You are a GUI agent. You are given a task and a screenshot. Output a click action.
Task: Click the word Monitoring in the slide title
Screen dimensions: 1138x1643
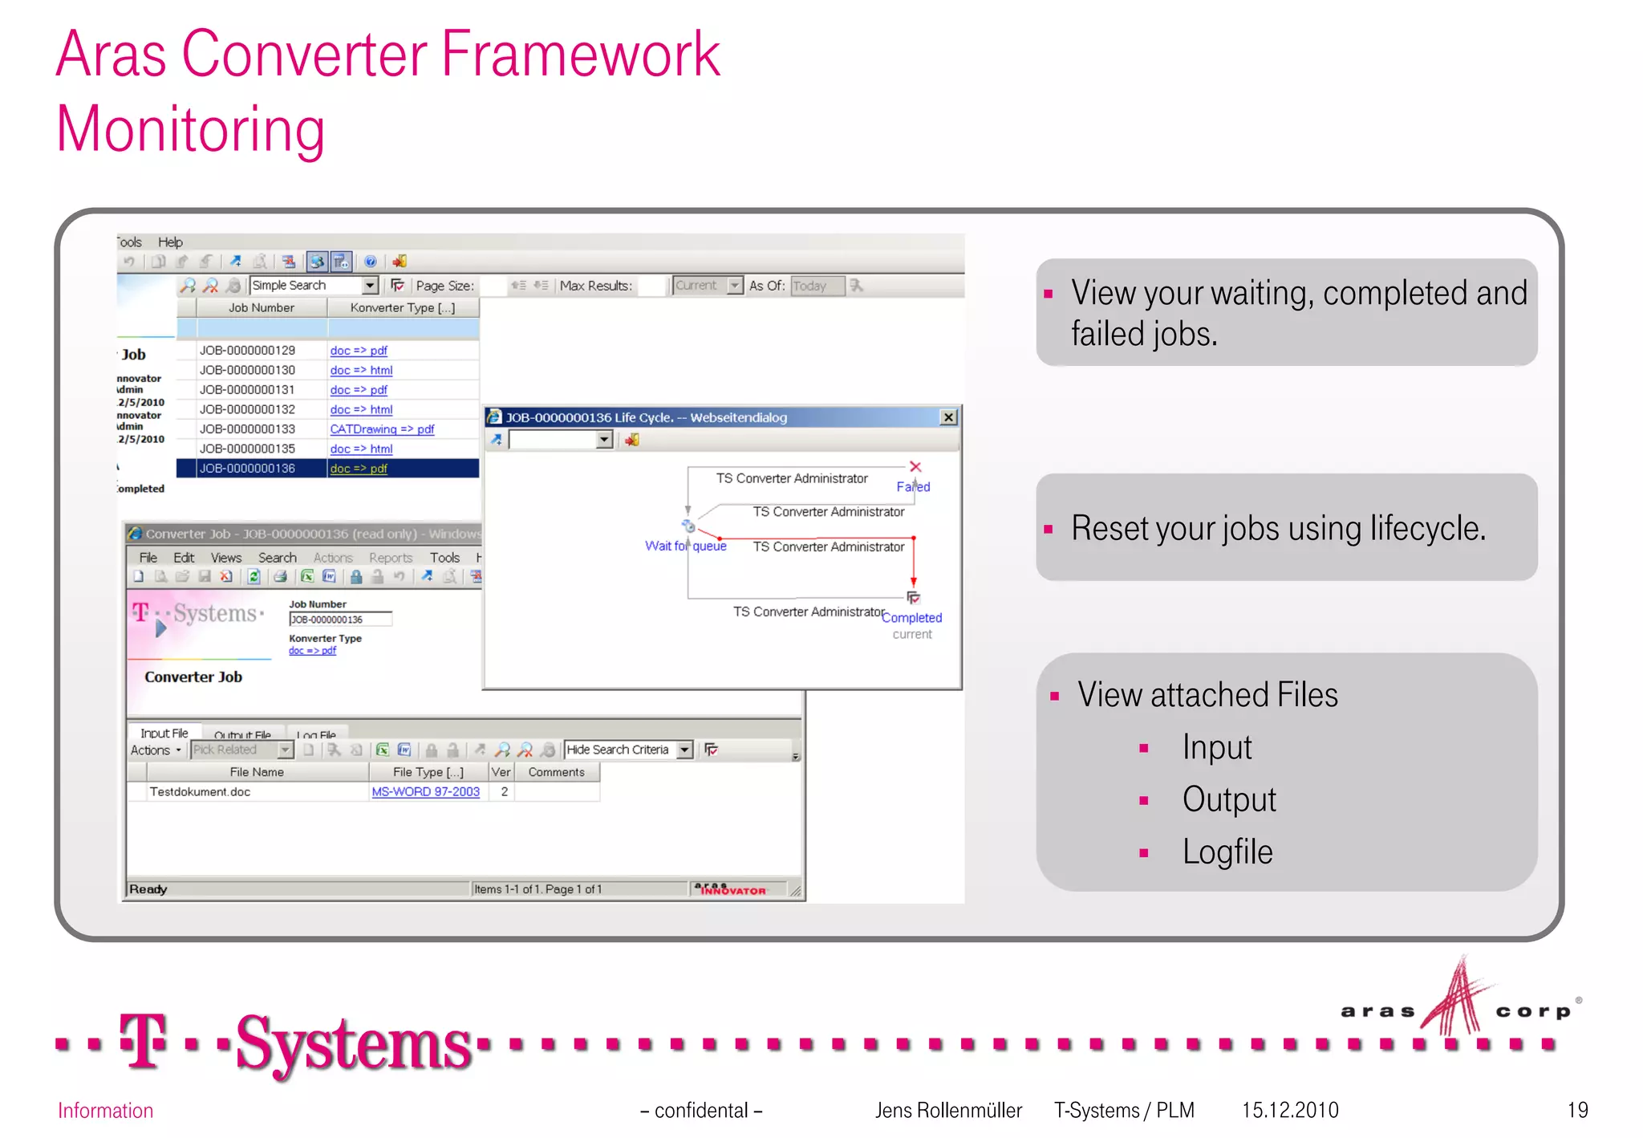click(x=191, y=130)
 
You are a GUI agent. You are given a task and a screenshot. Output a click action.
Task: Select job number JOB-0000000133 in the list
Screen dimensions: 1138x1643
click(x=247, y=429)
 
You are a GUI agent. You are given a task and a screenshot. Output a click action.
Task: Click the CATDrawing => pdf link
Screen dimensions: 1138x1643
click(x=382, y=429)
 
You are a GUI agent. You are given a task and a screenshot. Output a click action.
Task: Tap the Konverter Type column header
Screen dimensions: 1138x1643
click(x=402, y=308)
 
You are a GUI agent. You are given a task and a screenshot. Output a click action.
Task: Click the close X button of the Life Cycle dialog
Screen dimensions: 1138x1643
click(x=948, y=417)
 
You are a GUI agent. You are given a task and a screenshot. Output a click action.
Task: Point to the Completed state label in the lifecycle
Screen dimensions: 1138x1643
click(x=911, y=618)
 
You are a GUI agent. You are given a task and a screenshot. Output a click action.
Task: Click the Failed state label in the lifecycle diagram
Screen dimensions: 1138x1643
click(x=913, y=487)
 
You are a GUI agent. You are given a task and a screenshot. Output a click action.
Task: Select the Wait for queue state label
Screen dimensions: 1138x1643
click(x=685, y=547)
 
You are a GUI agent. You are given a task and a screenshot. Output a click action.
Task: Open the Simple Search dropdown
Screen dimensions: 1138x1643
click(x=370, y=286)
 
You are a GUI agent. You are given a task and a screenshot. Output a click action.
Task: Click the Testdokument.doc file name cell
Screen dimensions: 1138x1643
click(x=201, y=792)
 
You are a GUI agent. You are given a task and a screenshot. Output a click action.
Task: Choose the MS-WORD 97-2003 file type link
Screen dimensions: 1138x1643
click(x=425, y=792)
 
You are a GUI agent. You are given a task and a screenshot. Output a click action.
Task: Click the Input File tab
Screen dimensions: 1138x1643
click(x=164, y=734)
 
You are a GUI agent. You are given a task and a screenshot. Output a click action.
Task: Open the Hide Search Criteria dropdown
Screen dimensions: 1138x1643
click(x=684, y=750)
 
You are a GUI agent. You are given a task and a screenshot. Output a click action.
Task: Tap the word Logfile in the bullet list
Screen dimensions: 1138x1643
click(x=1227, y=852)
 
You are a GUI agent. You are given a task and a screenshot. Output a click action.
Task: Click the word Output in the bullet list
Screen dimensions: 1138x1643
click(x=1229, y=800)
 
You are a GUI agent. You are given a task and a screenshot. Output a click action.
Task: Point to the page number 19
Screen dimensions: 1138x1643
click(x=1577, y=1110)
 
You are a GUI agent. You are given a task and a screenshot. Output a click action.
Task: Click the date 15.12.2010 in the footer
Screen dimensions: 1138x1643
click(x=1290, y=1110)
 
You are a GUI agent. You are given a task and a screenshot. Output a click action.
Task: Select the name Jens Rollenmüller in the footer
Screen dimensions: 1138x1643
click(x=948, y=1110)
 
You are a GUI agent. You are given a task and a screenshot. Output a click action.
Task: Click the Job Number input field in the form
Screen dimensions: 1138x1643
click(x=340, y=620)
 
